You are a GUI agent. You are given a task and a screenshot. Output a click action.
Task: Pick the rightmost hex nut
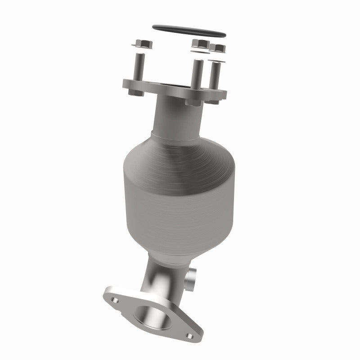click(x=218, y=48)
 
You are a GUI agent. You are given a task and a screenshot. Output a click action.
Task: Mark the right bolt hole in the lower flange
click(x=189, y=336)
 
